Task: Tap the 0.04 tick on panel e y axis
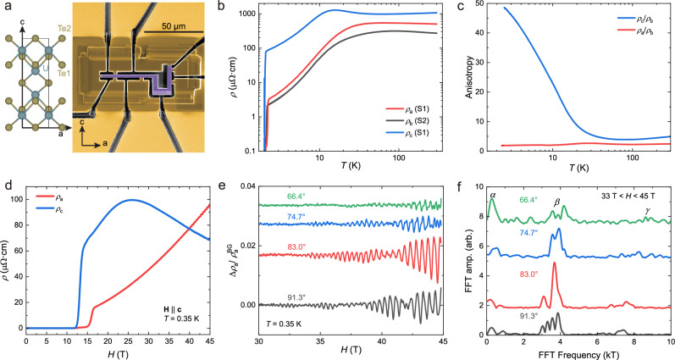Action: click(248, 187)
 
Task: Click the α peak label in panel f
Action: click(493, 195)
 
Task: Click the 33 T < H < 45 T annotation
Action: click(628, 197)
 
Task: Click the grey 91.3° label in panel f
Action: click(528, 316)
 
